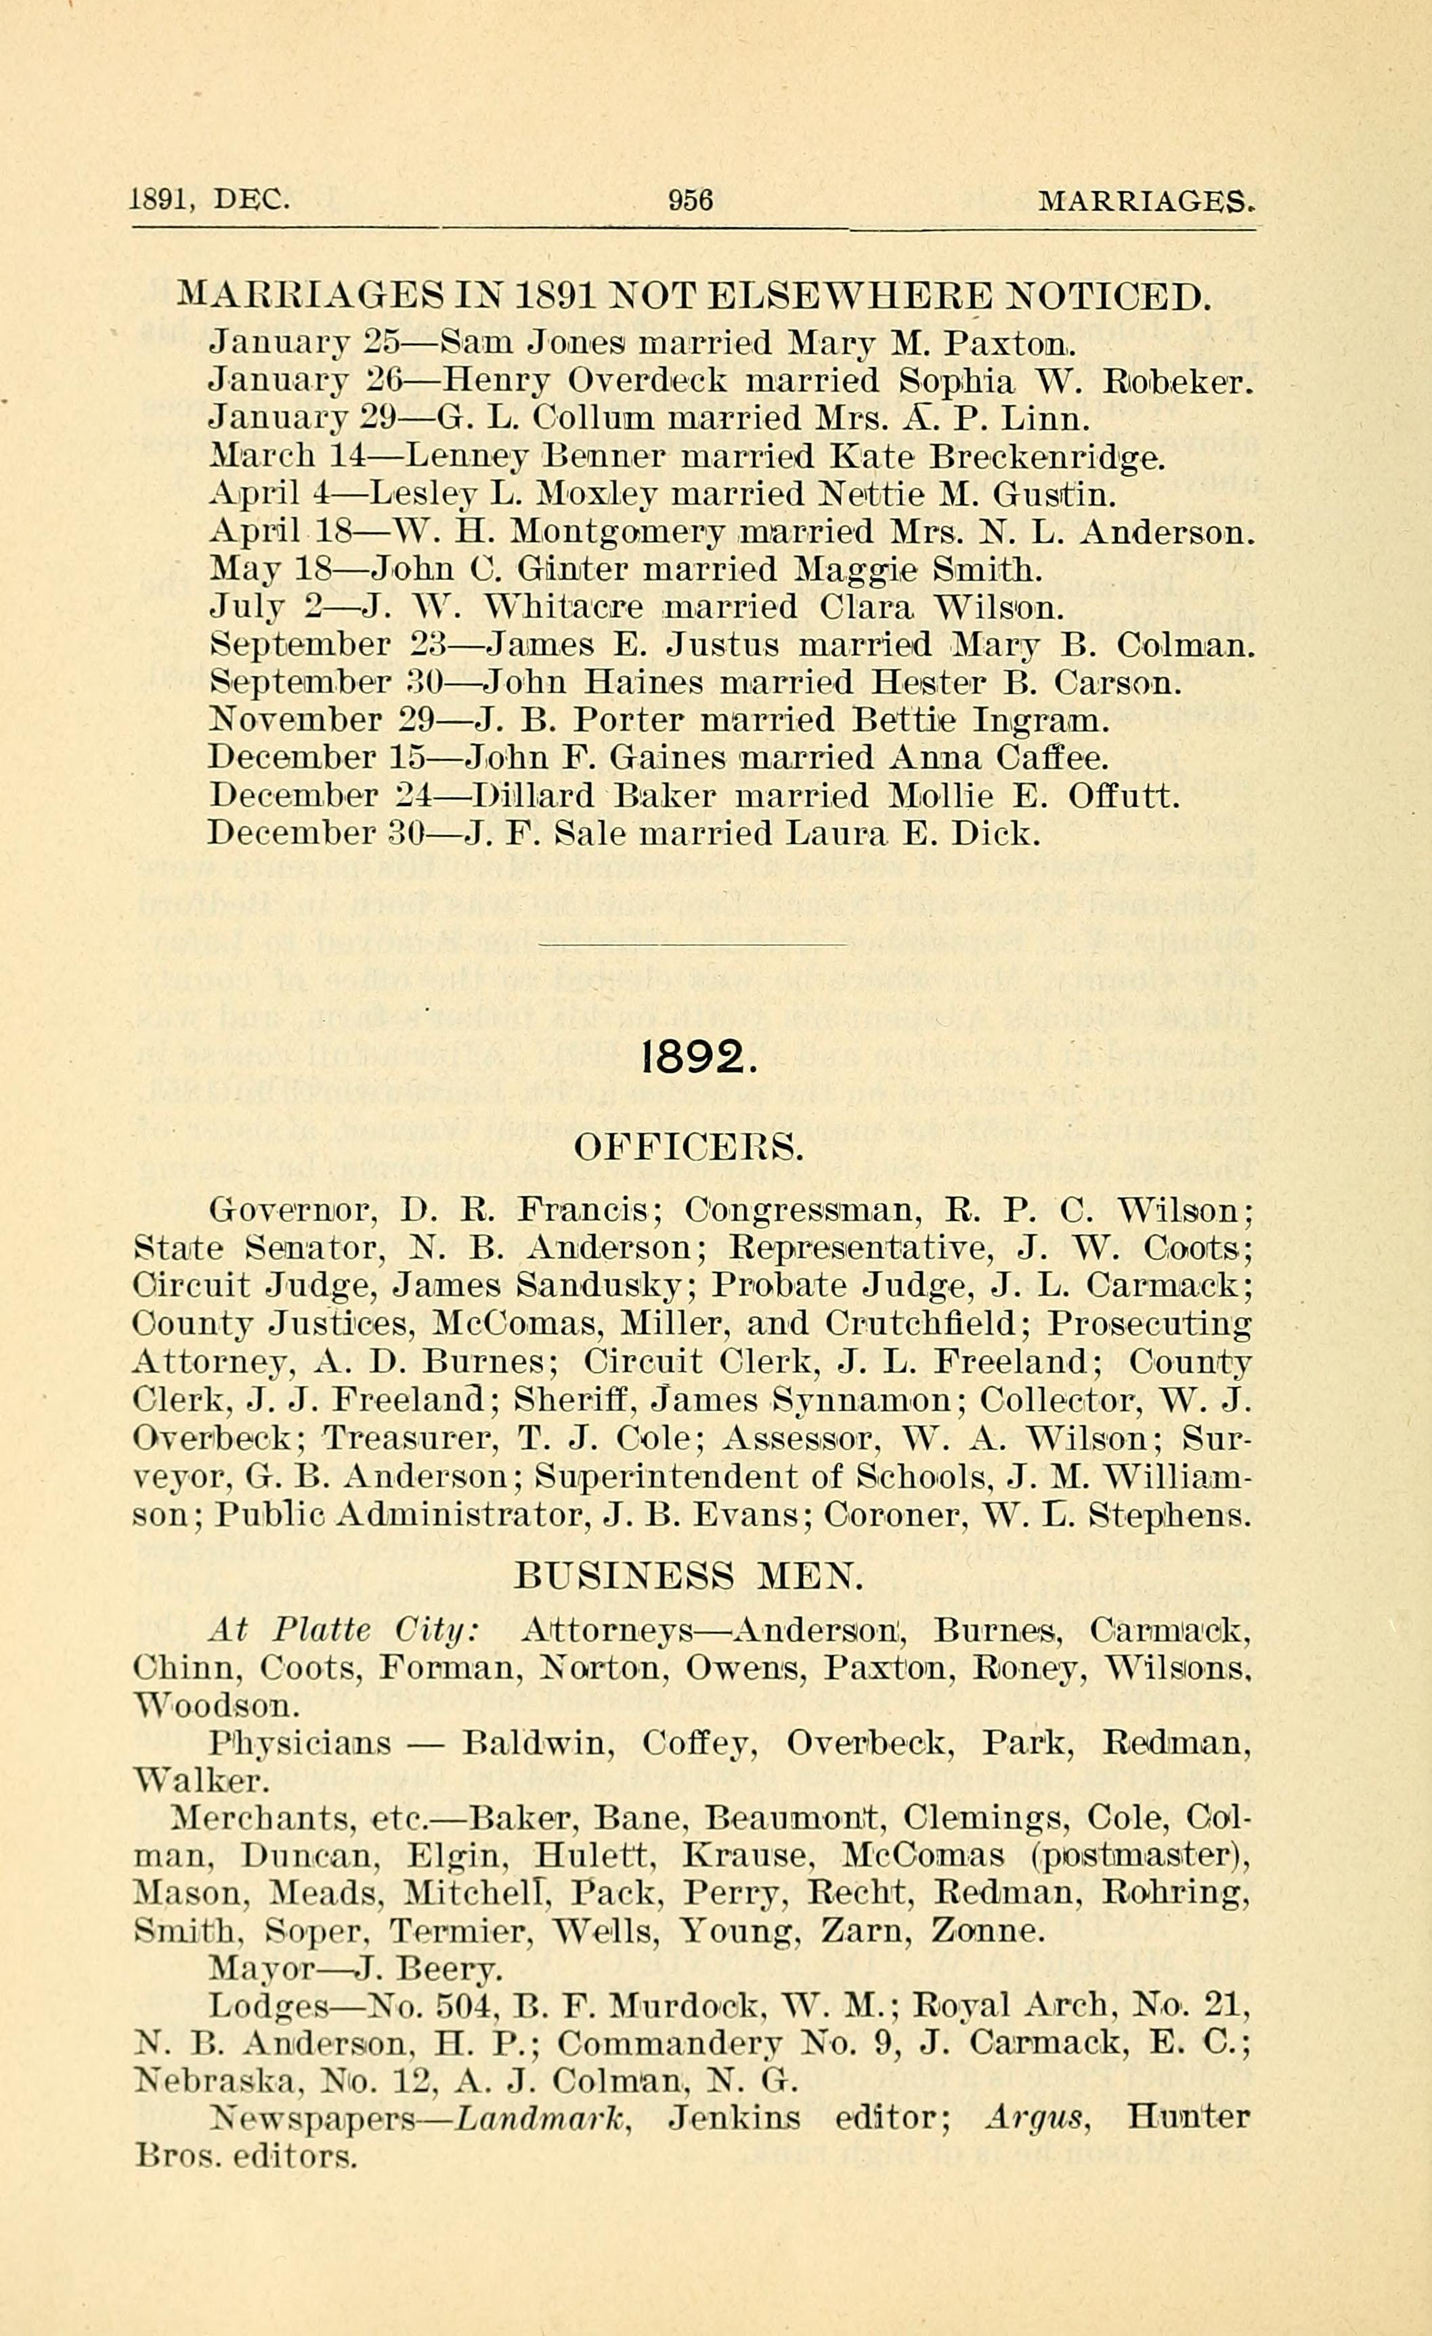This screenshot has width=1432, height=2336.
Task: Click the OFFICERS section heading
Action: tap(689, 1148)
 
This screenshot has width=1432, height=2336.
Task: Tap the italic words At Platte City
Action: tap(343, 1631)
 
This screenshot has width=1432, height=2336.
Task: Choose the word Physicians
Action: tap(300, 1743)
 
